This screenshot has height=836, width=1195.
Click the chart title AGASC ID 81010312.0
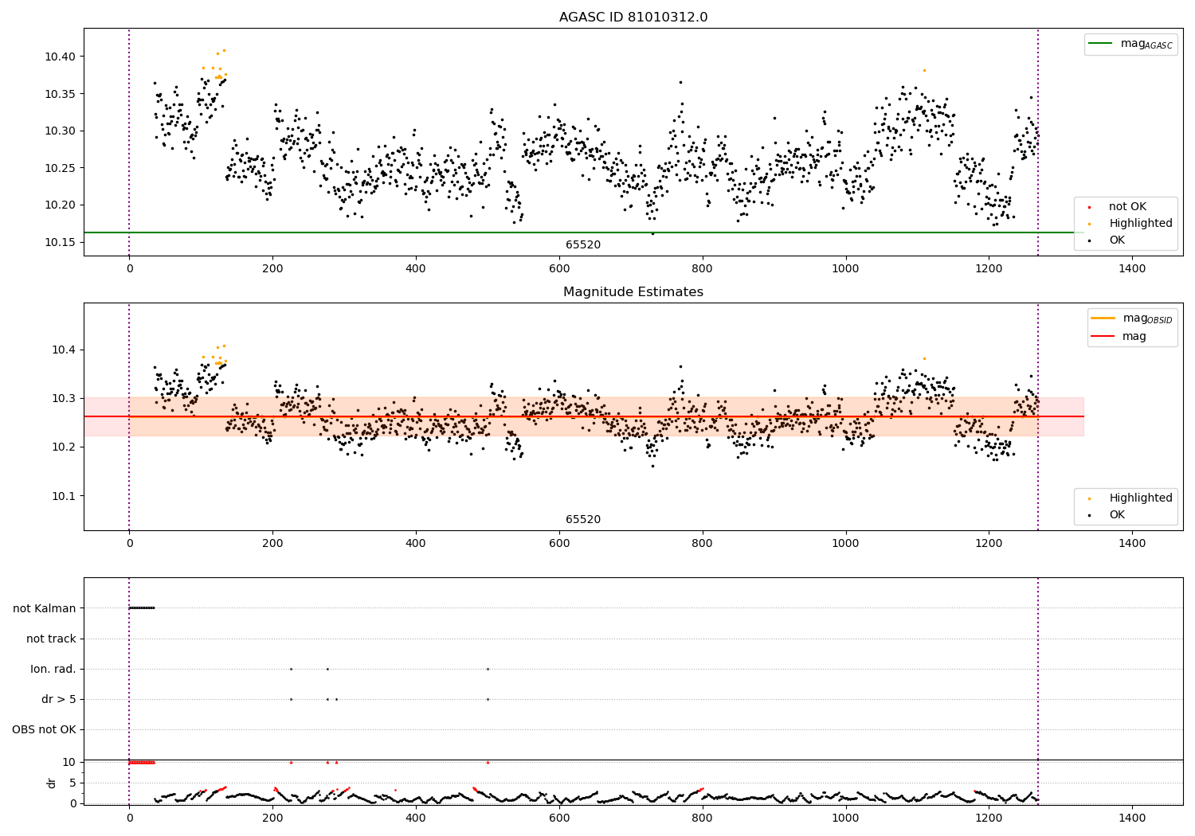[x=633, y=18]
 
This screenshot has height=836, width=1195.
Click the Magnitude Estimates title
[x=633, y=292]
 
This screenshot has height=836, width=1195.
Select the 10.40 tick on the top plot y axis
[x=61, y=57]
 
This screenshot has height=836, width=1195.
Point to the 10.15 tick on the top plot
[x=61, y=242]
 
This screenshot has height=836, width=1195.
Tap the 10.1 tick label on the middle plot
[x=64, y=496]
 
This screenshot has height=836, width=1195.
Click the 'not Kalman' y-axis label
[x=45, y=608]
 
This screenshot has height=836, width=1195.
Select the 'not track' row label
[x=51, y=639]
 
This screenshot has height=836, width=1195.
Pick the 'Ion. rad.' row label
[x=53, y=669]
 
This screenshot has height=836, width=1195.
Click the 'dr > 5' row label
[x=59, y=699]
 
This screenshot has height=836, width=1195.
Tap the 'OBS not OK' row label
[x=44, y=729]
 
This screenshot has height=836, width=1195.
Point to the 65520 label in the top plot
[x=583, y=245]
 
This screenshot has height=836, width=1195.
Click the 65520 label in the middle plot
[x=583, y=520]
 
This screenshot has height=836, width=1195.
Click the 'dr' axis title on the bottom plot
[x=52, y=783]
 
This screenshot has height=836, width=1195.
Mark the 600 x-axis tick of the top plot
[x=559, y=268]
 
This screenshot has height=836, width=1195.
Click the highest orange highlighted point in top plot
[x=224, y=50]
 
